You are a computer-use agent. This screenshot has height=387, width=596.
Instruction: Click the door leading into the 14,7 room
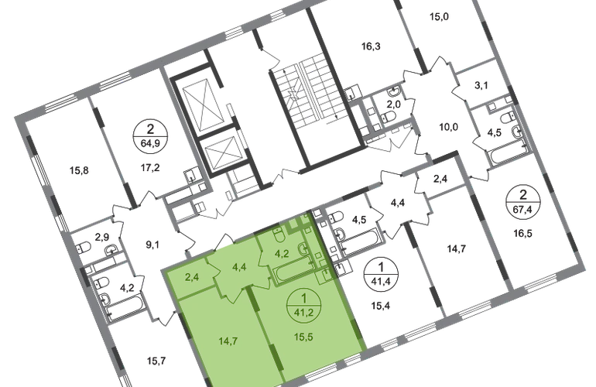tap(232, 290)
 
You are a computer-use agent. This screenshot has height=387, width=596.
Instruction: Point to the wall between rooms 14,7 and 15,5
tap(259, 333)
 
